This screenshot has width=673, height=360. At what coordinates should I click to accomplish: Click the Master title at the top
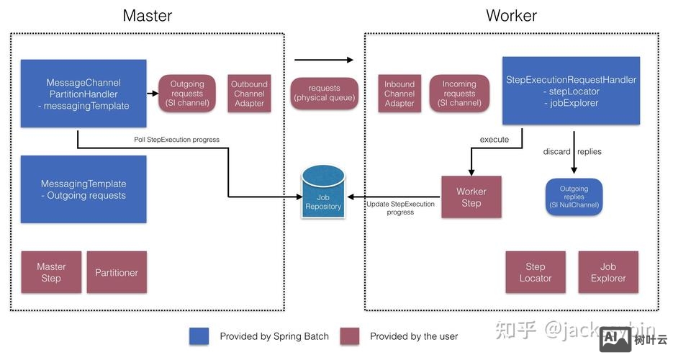tap(148, 15)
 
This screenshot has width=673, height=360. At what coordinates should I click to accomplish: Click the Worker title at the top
tap(511, 15)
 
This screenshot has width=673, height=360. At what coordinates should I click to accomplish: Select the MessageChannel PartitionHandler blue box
tap(83, 94)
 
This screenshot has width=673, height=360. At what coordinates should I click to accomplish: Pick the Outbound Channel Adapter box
tap(249, 94)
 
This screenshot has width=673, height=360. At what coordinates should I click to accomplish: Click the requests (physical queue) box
tap(324, 94)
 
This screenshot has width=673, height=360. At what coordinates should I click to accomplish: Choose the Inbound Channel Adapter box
tap(399, 94)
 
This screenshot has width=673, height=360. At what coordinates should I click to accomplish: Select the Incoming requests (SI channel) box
tap(459, 94)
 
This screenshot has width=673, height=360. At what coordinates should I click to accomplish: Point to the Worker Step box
tap(471, 197)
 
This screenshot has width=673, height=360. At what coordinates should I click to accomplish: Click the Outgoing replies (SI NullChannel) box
tap(574, 197)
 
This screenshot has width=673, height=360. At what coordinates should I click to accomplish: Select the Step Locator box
tap(536, 272)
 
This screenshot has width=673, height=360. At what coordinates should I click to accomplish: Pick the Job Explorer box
tap(608, 272)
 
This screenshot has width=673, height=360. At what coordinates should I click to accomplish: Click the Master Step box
tap(51, 272)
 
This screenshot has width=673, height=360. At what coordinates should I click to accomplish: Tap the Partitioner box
tap(117, 272)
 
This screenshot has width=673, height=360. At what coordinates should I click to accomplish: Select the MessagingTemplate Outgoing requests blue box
tap(83, 189)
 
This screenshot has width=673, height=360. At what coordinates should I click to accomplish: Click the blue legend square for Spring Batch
tap(199, 336)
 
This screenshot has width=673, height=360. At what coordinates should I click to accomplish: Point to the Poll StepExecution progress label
tap(177, 139)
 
